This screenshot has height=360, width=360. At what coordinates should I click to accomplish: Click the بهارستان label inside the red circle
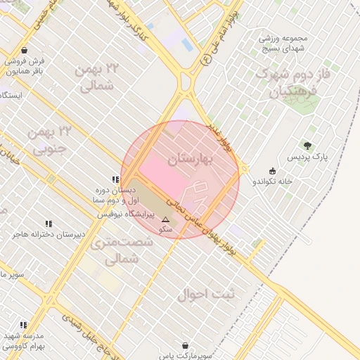click(x=190, y=160)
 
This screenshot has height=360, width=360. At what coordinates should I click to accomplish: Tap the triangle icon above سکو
click(x=166, y=219)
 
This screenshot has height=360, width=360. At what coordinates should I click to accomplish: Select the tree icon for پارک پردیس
click(x=307, y=146)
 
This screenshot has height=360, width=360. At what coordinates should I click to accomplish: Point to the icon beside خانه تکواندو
click(x=272, y=171)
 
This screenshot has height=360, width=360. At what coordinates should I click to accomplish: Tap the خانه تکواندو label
click(x=273, y=181)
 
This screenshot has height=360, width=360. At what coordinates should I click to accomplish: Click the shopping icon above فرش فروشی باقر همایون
click(x=25, y=51)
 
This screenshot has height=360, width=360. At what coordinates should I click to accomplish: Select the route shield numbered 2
click(x=206, y=60)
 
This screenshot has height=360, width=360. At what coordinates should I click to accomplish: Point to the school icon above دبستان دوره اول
click(x=115, y=180)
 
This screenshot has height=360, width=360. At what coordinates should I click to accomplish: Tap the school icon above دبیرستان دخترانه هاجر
click(x=48, y=224)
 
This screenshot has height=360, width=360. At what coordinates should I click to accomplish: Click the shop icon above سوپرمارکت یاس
click(x=185, y=346)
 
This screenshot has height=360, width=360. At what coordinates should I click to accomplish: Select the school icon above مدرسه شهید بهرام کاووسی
click(x=23, y=325)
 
